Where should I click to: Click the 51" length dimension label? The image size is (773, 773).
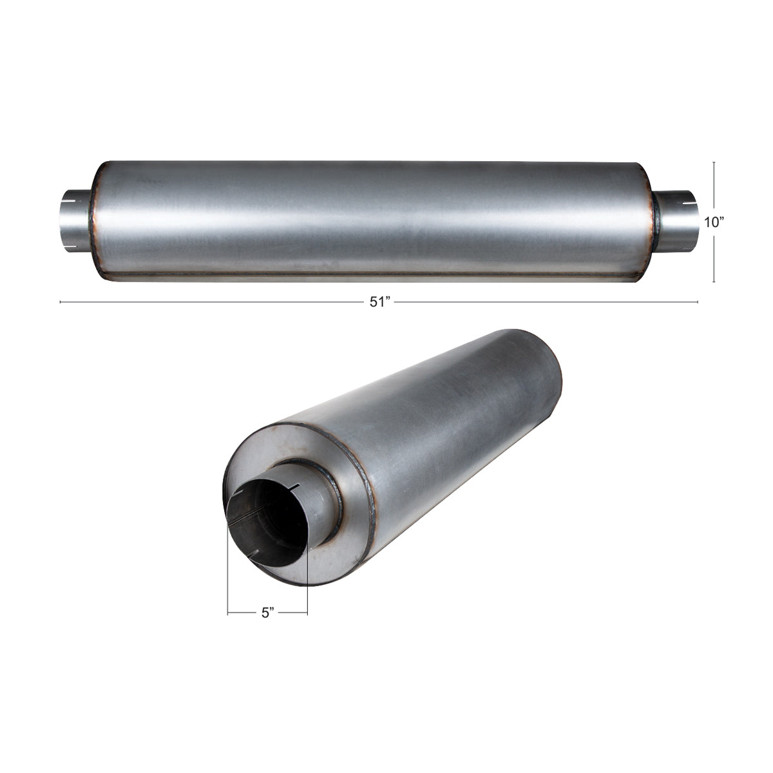(x=380, y=303)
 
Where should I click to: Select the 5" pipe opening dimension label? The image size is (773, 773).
(x=268, y=613)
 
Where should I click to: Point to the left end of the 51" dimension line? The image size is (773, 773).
(x=61, y=301)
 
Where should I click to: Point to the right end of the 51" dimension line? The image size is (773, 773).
(x=698, y=301)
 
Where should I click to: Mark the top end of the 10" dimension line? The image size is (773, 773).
(x=714, y=162)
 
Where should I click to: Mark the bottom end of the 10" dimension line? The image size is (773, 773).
(x=714, y=282)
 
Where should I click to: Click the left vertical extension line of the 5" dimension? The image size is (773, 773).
(x=228, y=580)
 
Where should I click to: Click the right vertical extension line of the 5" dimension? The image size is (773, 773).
(x=307, y=580)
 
